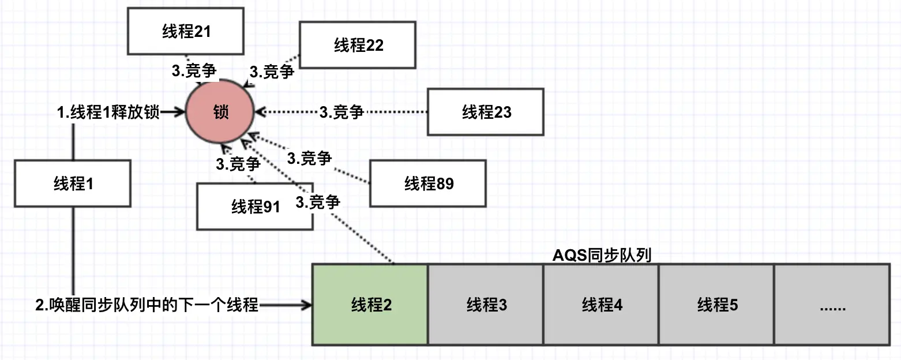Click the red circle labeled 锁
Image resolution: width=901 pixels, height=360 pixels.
(x=220, y=112)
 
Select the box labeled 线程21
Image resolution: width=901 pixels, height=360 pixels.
(x=186, y=32)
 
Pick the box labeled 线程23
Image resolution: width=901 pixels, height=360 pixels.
(x=486, y=112)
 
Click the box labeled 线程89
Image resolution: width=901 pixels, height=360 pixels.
(x=428, y=183)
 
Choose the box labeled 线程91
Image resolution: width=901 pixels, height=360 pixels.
(x=255, y=207)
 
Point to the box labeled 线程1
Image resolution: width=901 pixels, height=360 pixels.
(x=73, y=184)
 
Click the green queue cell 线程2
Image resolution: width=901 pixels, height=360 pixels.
(x=370, y=305)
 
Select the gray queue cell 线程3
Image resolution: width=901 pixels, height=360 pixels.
(x=486, y=305)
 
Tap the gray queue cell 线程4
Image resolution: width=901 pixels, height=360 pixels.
(x=601, y=305)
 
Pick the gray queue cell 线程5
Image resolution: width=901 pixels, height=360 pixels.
(x=716, y=305)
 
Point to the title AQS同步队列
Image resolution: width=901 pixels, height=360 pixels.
(x=601, y=256)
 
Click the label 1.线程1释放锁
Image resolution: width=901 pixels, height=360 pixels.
(x=108, y=112)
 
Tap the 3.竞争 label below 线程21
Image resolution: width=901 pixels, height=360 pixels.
(x=194, y=70)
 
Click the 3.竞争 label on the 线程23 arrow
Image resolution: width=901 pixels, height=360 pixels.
(x=341, y=112)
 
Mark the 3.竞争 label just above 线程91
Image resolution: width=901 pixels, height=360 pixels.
(x=238, y=164)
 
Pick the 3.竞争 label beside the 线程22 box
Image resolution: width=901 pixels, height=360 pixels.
(x=271, y=72)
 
